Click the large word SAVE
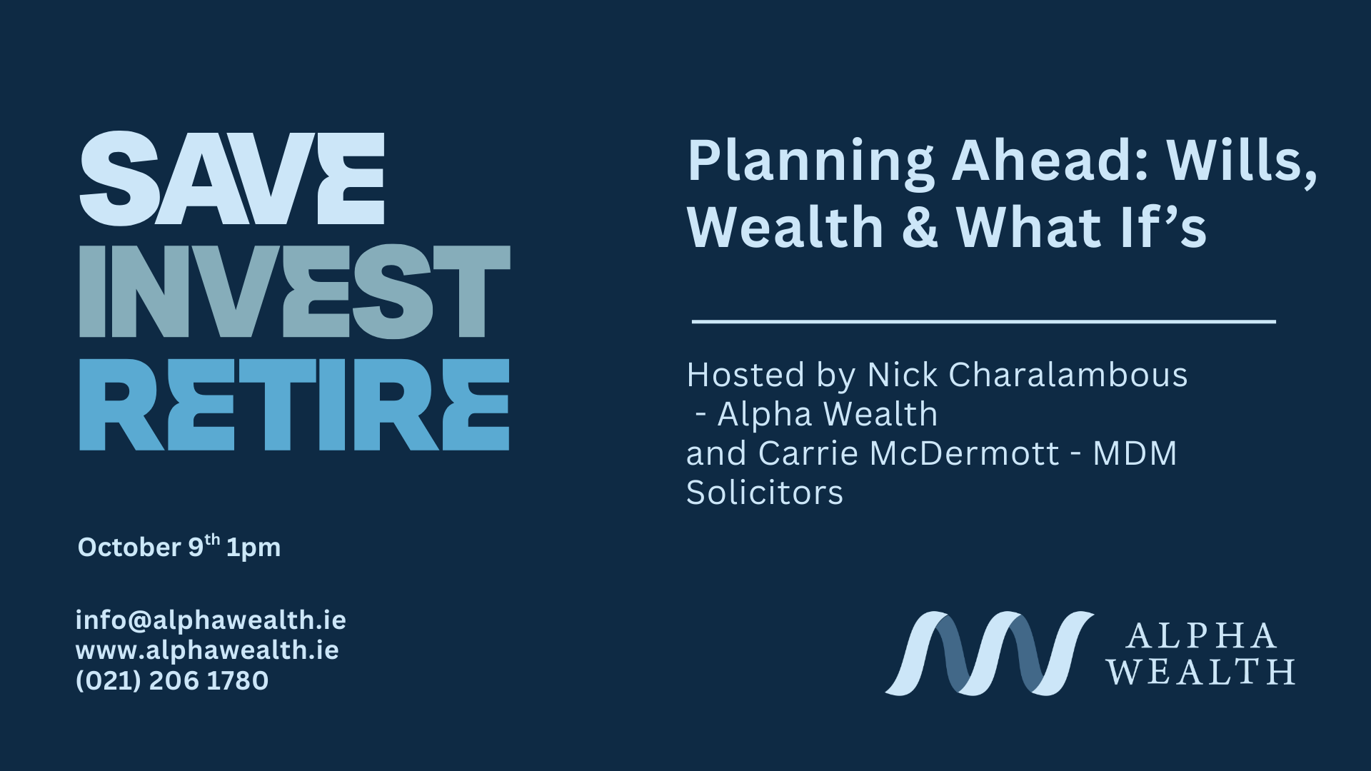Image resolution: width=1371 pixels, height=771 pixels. pyautogui.click(x=232, y=178)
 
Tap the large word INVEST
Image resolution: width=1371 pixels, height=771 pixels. pyautogui.click(x=294, y=291)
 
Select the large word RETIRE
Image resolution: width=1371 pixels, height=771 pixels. pyautogui.click(x=294, y=404)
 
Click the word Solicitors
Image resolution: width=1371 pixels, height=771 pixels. pyautogui.click(x=765, y=493)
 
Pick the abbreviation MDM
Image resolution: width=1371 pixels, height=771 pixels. pyautogui.click(x=1135, y=453)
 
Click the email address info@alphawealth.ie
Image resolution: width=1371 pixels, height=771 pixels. pyautogui.click(x=211, y=620)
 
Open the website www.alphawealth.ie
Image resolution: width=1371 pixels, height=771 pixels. pyautogui.click(x=207, y=650)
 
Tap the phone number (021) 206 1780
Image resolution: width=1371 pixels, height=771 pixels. pyautogui.click(x=172, y=680)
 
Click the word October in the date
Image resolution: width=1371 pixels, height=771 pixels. pyautogui.click(x=129, y=548)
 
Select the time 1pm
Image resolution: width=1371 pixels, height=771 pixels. pyautogui.click(x=253, y=548)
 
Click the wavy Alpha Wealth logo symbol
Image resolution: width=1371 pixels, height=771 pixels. pyautogui.click(x=989, y=653)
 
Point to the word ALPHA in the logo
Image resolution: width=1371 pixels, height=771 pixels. pyautogui.click(x=1201, y=636)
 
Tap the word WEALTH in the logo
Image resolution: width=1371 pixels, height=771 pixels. pyautogui.click(x=1201, y=672)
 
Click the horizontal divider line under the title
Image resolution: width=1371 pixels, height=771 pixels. pyautogui.click(x=983, y=322)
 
